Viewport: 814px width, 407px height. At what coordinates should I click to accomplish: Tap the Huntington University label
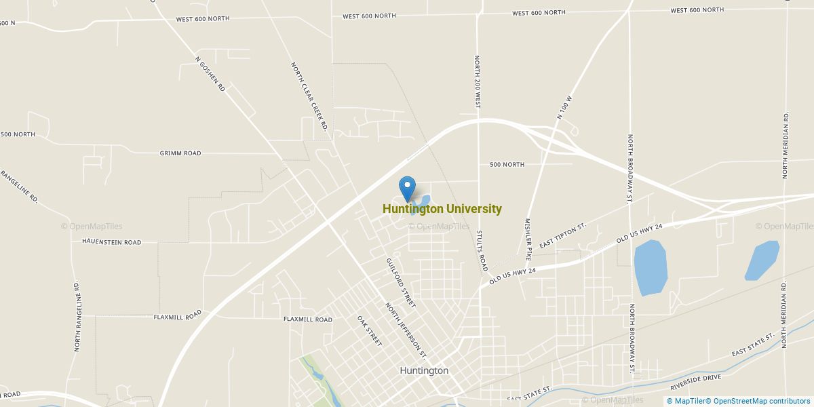pyautogui.click(x=442, y=210)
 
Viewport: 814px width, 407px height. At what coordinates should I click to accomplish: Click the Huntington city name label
pyautogui.click(x=424, y=371)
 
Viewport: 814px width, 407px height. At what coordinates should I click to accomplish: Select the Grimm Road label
pyautogui.click(x=180, y=153)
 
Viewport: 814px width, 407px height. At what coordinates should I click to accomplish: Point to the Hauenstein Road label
pyautogui.click(x=111, y=241)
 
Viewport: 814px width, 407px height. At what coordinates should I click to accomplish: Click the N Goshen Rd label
pyautogui.click(x=210, y=74)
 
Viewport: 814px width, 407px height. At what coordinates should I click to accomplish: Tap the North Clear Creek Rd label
pyautogui.click(x=309, y=92)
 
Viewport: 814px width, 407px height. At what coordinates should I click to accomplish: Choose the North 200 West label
pyautogui.click(x=478, y=82)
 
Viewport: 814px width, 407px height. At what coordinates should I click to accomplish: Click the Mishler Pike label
pyautogui.click(x=528, y=239)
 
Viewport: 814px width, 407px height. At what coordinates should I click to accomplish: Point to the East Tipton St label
pyautogui.click(x=562, y=235)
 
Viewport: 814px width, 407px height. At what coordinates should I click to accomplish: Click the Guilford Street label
pyautogui.click(x=400, y=283)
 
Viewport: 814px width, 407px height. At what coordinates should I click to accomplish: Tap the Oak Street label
pyautogui.click(x=370, y=330)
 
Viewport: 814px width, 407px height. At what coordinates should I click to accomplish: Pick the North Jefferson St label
pyautogui.click(x=406, y=330)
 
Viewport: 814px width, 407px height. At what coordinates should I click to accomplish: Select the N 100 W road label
pyautogui.click(x=565, y=107)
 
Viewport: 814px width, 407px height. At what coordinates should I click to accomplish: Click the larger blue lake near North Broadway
pyautogui.click(x=650, y=267)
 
